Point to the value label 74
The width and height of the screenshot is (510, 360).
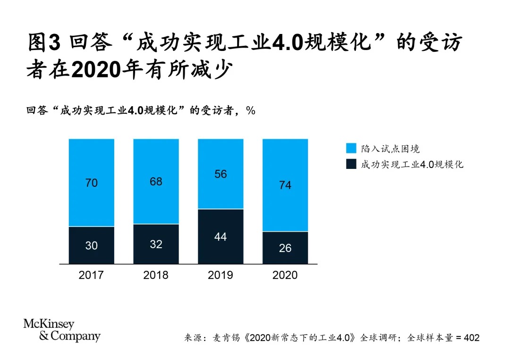click(285, 185)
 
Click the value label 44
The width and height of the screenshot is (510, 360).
click(221, 237)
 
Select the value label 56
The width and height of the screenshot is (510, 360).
click(221, 174)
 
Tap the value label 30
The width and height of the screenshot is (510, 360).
click(91, 245)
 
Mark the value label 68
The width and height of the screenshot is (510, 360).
click(156, 181)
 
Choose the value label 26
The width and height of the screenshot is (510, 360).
click(285, 248)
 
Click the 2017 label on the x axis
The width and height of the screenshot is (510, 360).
click(91, 275)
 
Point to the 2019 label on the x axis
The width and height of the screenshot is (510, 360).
click(221, 275)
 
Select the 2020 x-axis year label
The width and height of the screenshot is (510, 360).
click(285, 275)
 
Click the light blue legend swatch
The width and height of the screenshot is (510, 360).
click(351, 149)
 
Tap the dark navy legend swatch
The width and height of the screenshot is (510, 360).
click(351, 164)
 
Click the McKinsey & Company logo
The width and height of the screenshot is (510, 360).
click(62, 330)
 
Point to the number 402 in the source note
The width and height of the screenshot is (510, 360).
click(472, 338)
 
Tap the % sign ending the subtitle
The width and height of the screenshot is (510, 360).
click(250, 110)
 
